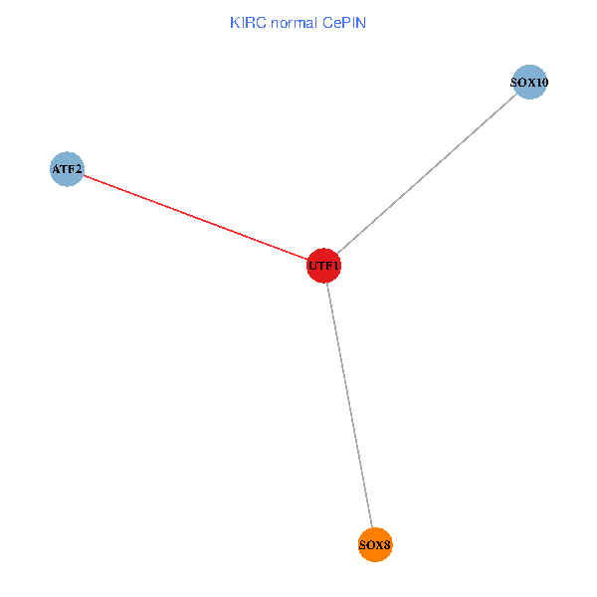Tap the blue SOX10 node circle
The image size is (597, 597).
point(529,84)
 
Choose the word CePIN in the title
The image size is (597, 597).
point(344,22)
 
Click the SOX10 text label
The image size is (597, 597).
point(529,84)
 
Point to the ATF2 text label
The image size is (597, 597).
point(67,170)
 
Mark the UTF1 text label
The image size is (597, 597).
point(323,267)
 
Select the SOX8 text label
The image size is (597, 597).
point(375,545)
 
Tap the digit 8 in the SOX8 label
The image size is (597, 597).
point(388,545)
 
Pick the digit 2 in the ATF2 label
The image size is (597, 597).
point(78,170)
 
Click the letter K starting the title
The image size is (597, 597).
point(235,22)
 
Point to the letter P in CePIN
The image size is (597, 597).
point(344,22)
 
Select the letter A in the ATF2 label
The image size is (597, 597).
point(56,170)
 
